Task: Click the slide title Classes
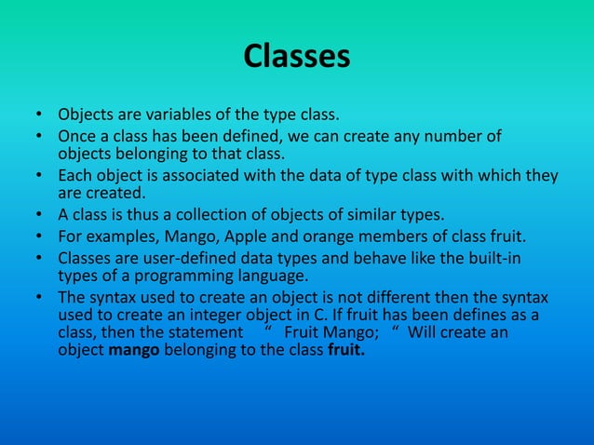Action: (x=297, y=57)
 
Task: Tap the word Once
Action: (x=78, y=137)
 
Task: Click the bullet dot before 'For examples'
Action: (x=40, y=235)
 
